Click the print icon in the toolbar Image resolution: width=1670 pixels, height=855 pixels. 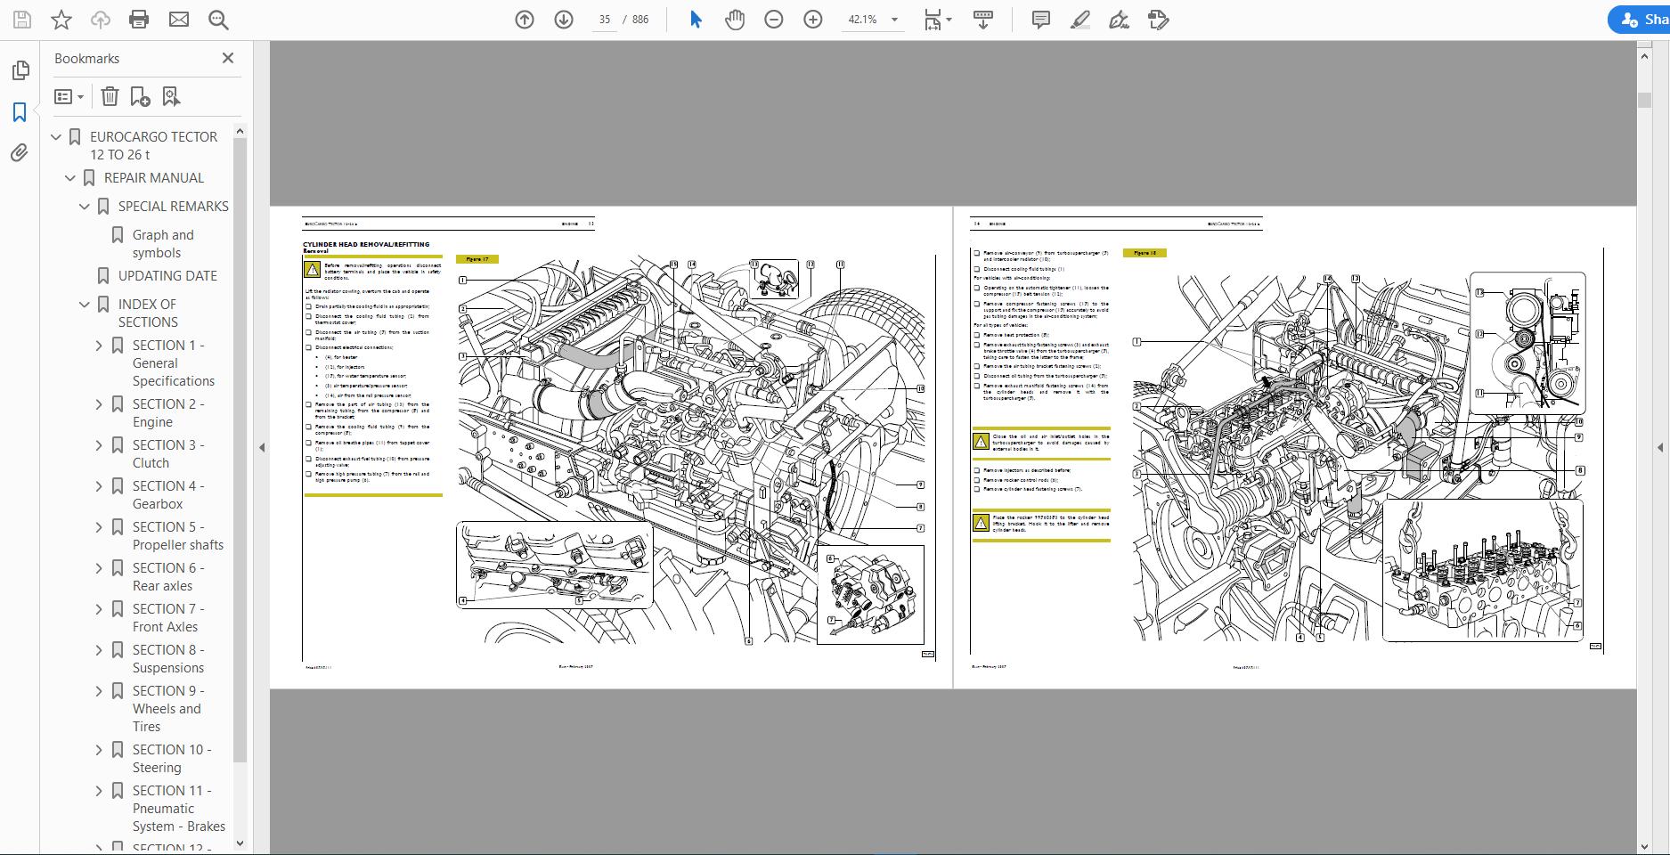click(x=139, y=20)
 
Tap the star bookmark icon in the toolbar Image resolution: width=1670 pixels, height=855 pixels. click(x=61, y=20)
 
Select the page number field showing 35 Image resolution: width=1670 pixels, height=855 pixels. click(x=605, y=20)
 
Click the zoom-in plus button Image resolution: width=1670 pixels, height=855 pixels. click(x=812, y=20)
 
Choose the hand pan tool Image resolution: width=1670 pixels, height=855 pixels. click(x=734, y=20)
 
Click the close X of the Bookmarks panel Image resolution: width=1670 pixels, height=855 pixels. click(x=228, y=58)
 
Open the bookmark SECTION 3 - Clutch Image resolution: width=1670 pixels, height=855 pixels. click(x=168, y=453)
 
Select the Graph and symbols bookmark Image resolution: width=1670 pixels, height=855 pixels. click(x=163, y=243)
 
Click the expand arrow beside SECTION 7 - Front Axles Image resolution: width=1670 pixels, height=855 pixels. click(x=99, y=609)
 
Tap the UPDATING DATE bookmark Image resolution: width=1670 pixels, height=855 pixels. click(x=167, y=276)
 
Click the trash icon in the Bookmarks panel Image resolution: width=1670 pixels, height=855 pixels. click(x=110, y=96)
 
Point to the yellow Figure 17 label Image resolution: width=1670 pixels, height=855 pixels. click(x=477, y=259)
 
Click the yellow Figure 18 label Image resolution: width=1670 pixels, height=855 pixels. click(x=1145, y=253)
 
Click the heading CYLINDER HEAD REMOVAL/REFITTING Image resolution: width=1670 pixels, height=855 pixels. click(x=366, y=244)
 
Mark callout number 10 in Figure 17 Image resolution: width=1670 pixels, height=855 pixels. click(x=920, y=389)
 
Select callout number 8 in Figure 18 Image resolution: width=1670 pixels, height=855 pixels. click(x=1580, y=470)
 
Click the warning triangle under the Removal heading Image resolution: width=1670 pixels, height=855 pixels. click(x=313, y=269)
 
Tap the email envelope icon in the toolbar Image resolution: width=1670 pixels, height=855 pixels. click(x=179, y=20)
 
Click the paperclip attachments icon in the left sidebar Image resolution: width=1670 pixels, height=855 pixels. click(x=20, y=153)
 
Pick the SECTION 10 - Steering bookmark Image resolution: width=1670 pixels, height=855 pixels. click(x=172, y=758)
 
